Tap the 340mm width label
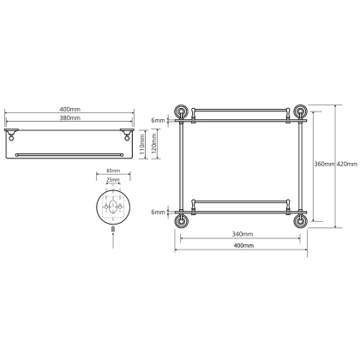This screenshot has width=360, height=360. [x=243, y=234]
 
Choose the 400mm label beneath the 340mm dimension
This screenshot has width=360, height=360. [x=243, y=246]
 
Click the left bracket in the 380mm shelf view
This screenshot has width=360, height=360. [x=14, y=134]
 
